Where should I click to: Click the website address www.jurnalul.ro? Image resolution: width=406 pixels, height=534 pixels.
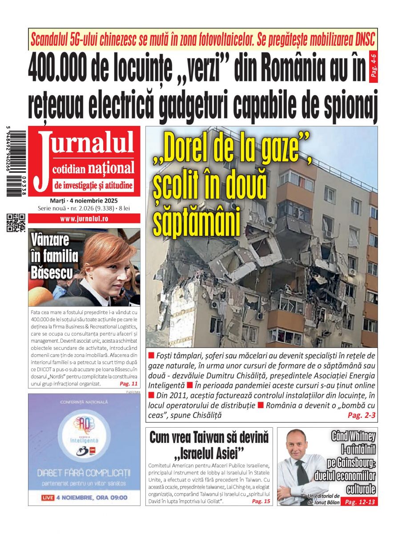(x=84, y=218)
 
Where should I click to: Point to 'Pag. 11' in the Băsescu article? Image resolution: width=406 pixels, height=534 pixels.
(x=129, y=383)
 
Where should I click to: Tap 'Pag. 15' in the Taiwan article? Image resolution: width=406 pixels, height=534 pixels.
(x=261, y=501)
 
